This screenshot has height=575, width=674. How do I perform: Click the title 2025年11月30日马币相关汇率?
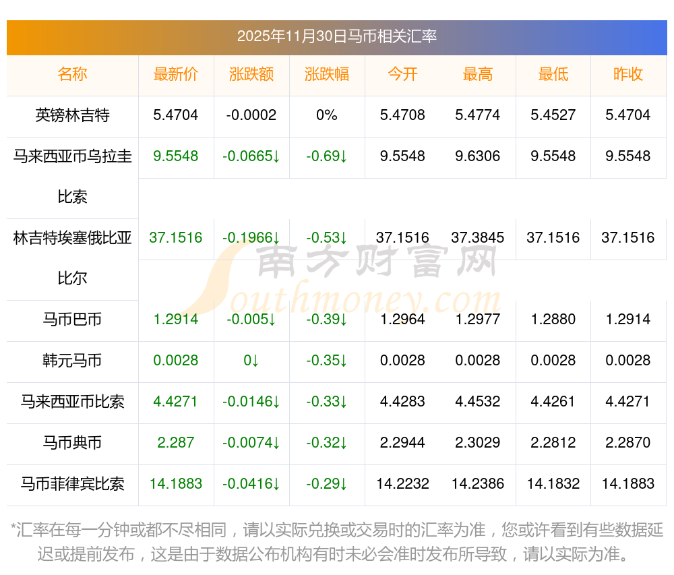(336, 36)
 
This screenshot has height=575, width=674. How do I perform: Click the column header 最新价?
(176, 75)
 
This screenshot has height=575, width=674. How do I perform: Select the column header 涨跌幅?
(327, 75)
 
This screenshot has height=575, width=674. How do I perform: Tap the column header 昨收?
(628, 75)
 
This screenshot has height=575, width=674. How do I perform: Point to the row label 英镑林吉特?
(72, 115)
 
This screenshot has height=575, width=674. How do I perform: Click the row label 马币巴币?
(72, 320)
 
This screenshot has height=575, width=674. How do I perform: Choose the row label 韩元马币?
(72, 361)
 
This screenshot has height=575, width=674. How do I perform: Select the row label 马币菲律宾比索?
(72, 483)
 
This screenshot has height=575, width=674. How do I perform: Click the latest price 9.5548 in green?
(176, 156)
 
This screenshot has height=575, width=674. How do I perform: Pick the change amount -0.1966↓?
(251, 238)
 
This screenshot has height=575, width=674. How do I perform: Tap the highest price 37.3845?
(477, 238)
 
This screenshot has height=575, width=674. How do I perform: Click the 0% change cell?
(327, 115)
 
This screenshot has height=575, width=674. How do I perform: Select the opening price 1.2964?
(402, 320)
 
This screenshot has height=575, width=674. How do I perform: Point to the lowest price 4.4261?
(553, 402)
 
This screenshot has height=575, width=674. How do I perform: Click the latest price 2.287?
(176, 443)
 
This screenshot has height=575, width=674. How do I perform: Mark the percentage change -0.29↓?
(327, 483)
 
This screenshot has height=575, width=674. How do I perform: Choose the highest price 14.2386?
(477, 483)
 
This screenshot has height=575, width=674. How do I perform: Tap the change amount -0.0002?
(251, 115)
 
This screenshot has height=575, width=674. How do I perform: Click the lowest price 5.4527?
(553, 115)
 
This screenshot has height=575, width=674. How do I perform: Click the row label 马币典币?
(72, 443)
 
